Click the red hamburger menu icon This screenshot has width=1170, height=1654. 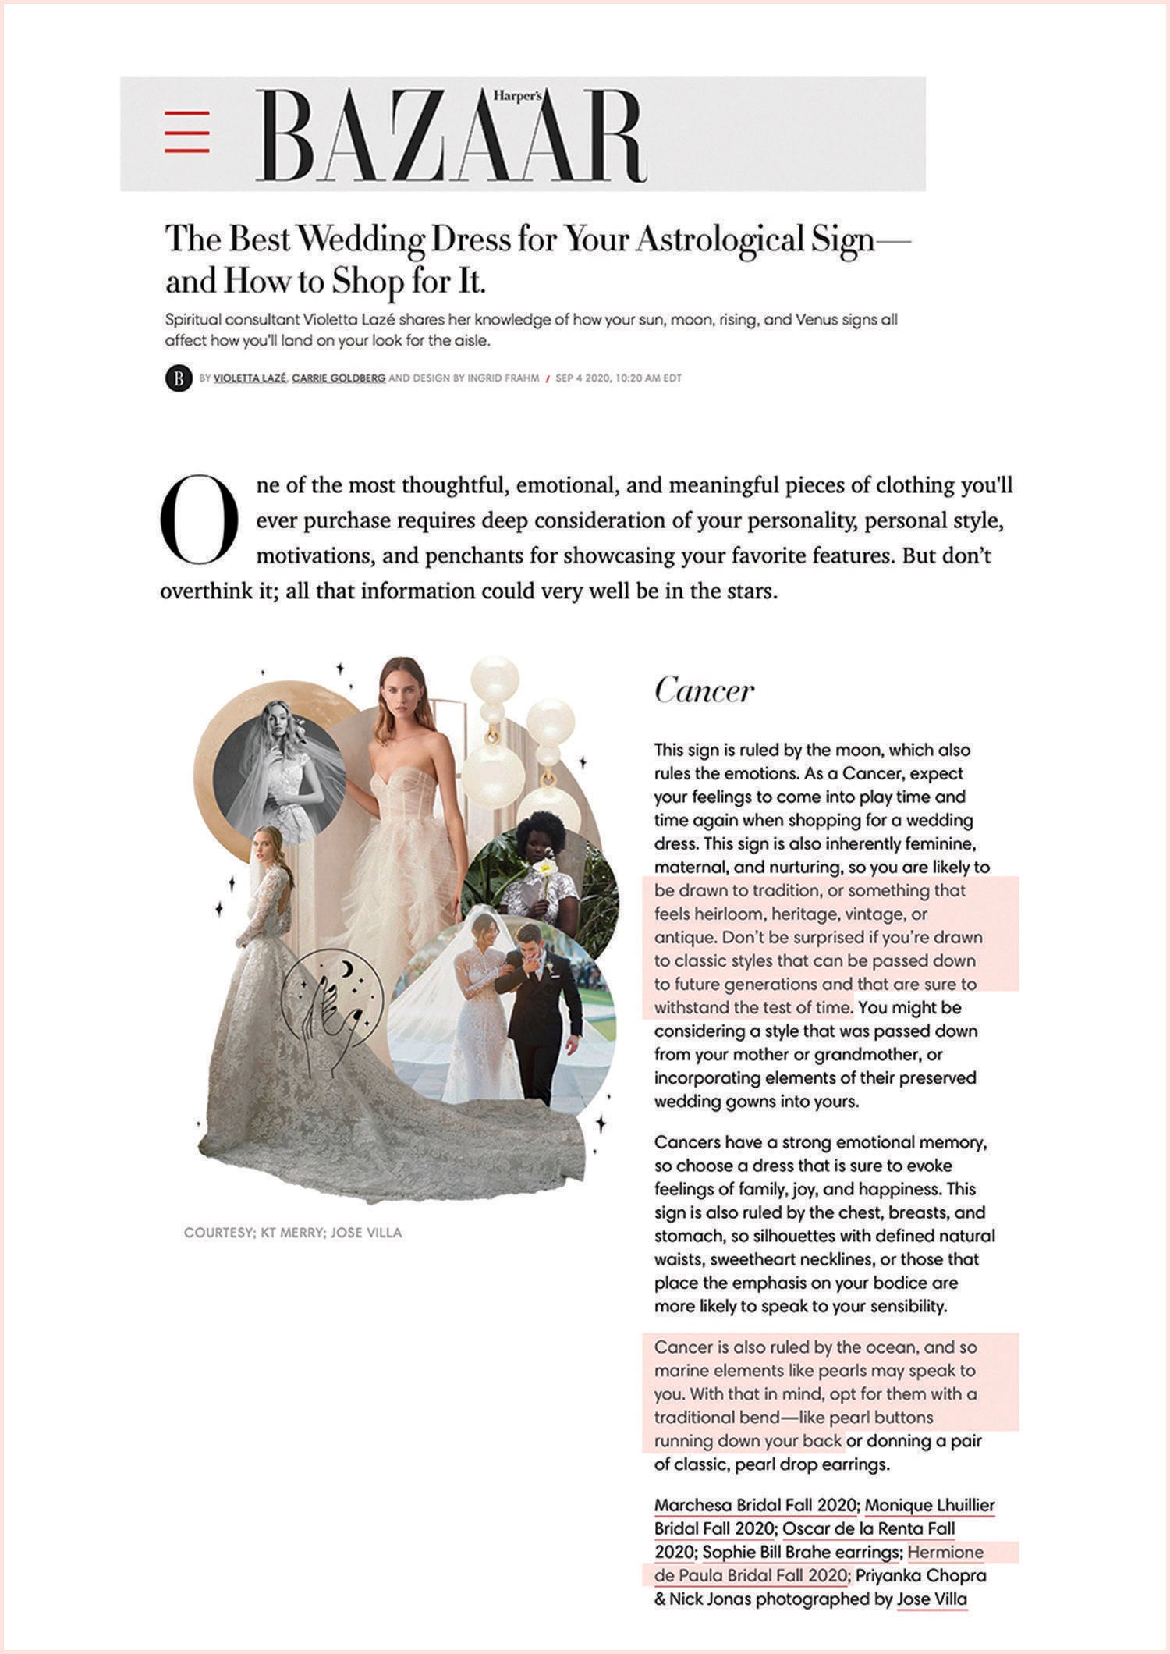pos(187,132)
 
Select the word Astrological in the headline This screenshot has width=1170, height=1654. pos(718,240)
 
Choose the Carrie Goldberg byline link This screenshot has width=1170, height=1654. pos(339,378)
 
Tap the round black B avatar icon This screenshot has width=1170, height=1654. pos(179,379)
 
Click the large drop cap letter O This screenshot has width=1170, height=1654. pos(198,520)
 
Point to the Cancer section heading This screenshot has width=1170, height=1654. pos(704,690)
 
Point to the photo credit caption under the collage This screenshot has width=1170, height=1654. pos(292,1233)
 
